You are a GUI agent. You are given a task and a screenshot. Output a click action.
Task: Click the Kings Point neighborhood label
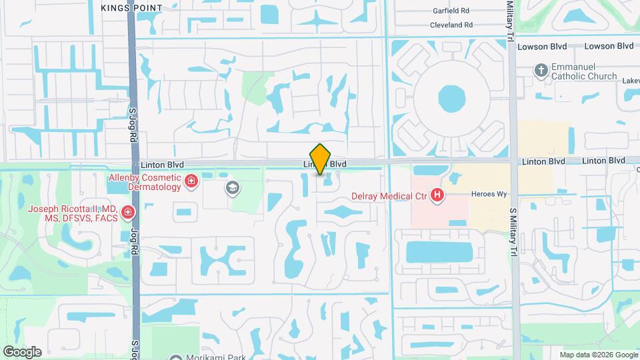[x=131, y=7]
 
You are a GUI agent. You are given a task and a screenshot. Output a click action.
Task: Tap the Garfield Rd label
[x=451, y=11]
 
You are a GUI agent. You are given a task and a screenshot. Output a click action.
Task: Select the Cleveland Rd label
[x=451, y=25]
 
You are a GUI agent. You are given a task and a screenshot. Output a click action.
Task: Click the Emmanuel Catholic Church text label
[x=584, y=71]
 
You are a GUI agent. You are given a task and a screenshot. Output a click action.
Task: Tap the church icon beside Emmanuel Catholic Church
[x=541, y=69]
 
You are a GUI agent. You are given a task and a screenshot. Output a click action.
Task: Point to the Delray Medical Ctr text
[x=389, y=196]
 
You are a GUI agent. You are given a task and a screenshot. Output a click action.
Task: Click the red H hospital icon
[x=437, y=195]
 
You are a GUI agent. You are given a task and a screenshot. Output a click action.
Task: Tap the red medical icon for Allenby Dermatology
[x=191, y=181]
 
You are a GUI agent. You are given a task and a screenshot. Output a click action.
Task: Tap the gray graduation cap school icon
[x=232, y=188]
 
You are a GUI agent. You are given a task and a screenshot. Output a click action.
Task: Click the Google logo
[x=22, y=352]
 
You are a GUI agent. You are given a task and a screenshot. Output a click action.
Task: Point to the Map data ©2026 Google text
[x=599, y=355]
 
